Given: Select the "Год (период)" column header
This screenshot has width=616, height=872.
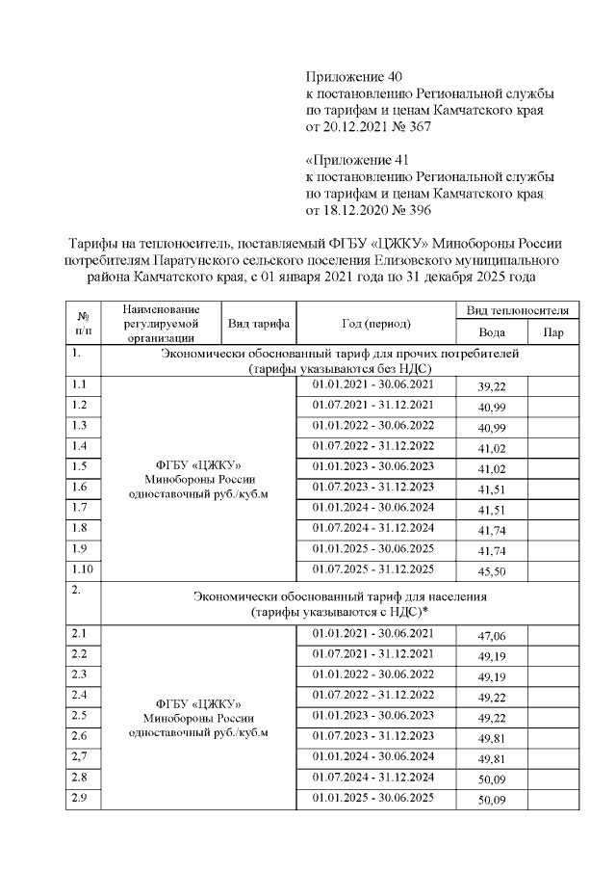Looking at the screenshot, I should pos(374,323).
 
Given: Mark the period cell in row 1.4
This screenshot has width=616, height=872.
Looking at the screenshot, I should pos(374,445).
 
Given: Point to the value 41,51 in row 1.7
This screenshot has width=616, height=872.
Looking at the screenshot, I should pos(492,510).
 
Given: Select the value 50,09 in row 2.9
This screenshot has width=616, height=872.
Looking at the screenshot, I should pos(492,800).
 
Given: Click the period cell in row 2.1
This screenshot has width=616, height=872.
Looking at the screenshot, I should pos(374,633).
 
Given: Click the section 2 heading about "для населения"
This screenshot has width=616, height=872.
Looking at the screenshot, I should pos(340,603).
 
